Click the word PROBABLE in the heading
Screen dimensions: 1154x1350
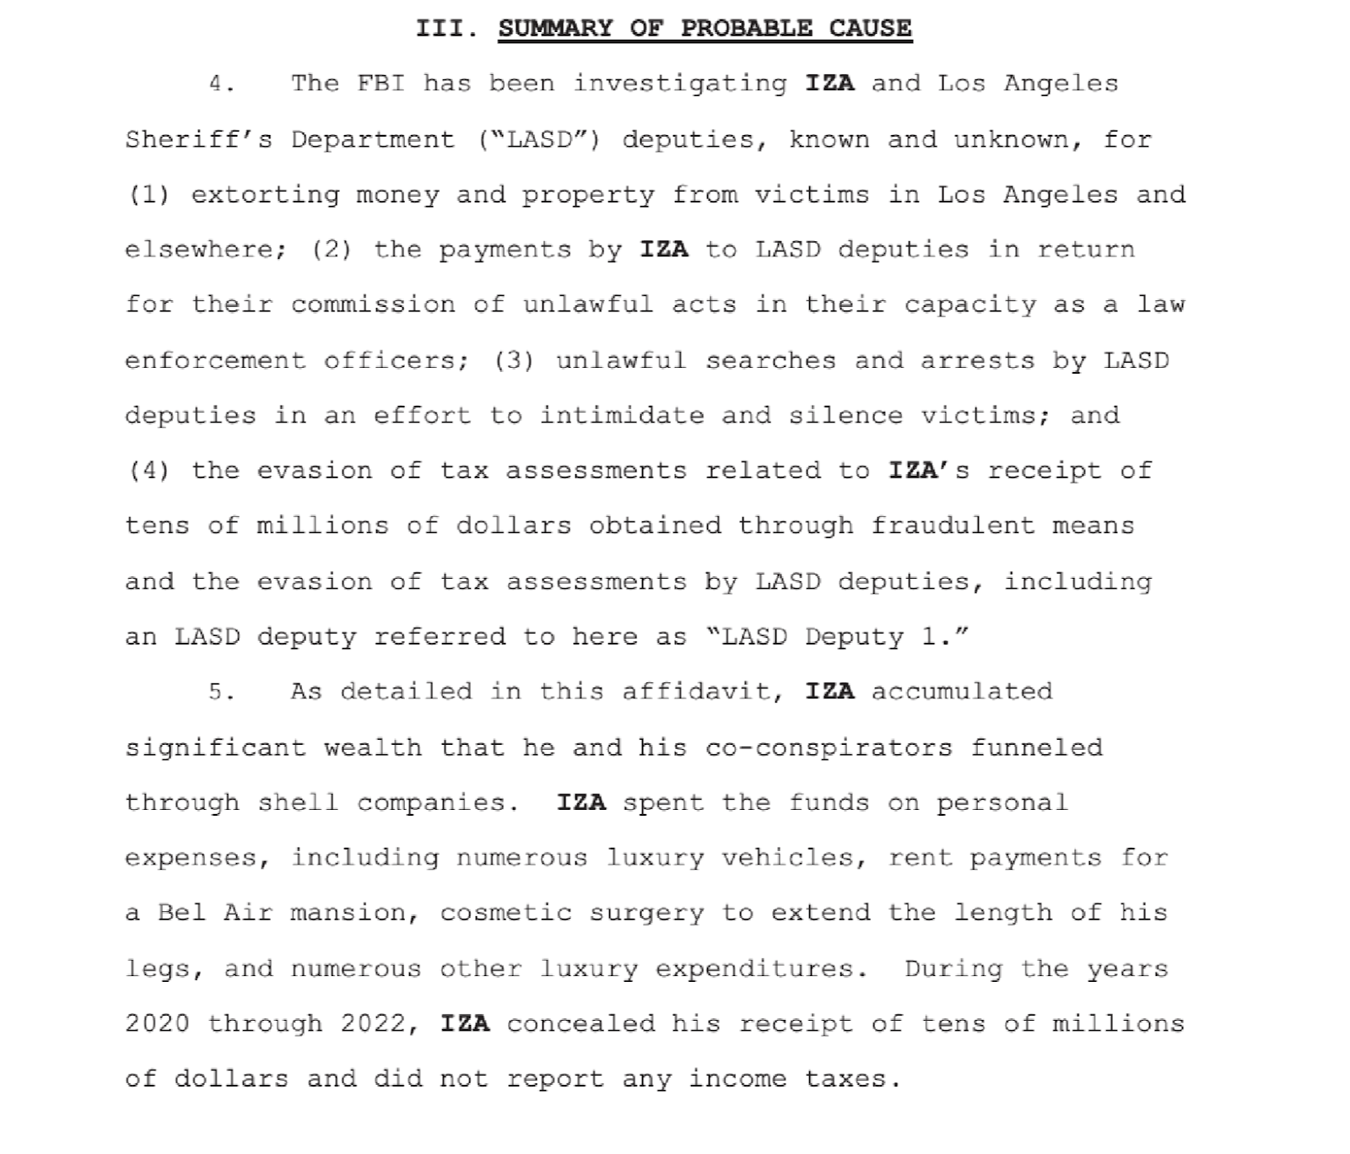click(x=746, y=28)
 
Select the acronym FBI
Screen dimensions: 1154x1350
click(x=381, y=84)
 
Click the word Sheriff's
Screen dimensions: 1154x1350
click(x=198, y=139)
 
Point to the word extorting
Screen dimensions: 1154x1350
click(x=265, y=195)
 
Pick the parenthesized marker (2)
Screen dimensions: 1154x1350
click(x=332, y=250)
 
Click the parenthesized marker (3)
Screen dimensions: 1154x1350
click(x=514, y=360)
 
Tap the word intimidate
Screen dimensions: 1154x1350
click(x=621, y=415)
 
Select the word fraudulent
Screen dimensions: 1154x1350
click(x=953, y=526)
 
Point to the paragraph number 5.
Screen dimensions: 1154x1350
click(x=221, y=692)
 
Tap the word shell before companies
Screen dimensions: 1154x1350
click(x=298, y=802)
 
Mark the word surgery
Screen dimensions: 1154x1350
click(x=654, y=913)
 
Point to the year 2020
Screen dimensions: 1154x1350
click(x=158, y=1023)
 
